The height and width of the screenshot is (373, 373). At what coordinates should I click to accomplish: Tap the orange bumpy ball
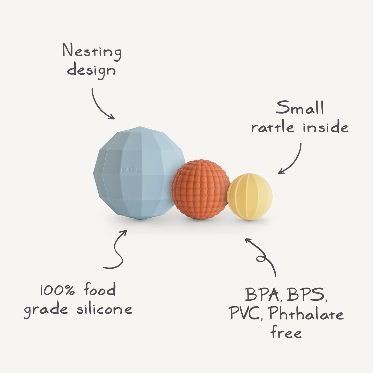200,190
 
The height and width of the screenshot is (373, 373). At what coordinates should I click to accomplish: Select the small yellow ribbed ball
250,197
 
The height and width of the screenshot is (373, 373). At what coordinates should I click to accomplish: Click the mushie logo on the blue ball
131,170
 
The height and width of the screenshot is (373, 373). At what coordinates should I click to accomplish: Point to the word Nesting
92,52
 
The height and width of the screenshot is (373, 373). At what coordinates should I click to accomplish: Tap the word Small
300,108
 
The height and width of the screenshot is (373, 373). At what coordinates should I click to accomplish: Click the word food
100,290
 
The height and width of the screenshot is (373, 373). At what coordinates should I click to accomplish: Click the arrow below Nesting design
102,105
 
